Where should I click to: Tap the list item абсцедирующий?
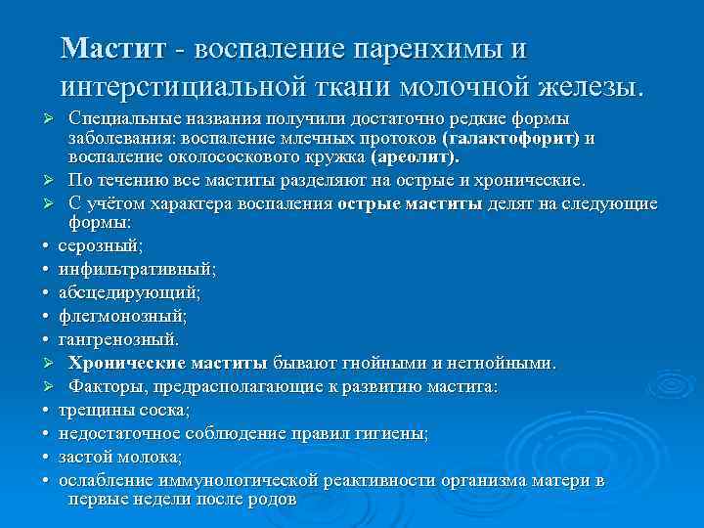130,291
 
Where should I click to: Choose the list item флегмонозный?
122,316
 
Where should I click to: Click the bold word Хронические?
123,364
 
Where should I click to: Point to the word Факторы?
104,387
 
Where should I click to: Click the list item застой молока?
120,457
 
